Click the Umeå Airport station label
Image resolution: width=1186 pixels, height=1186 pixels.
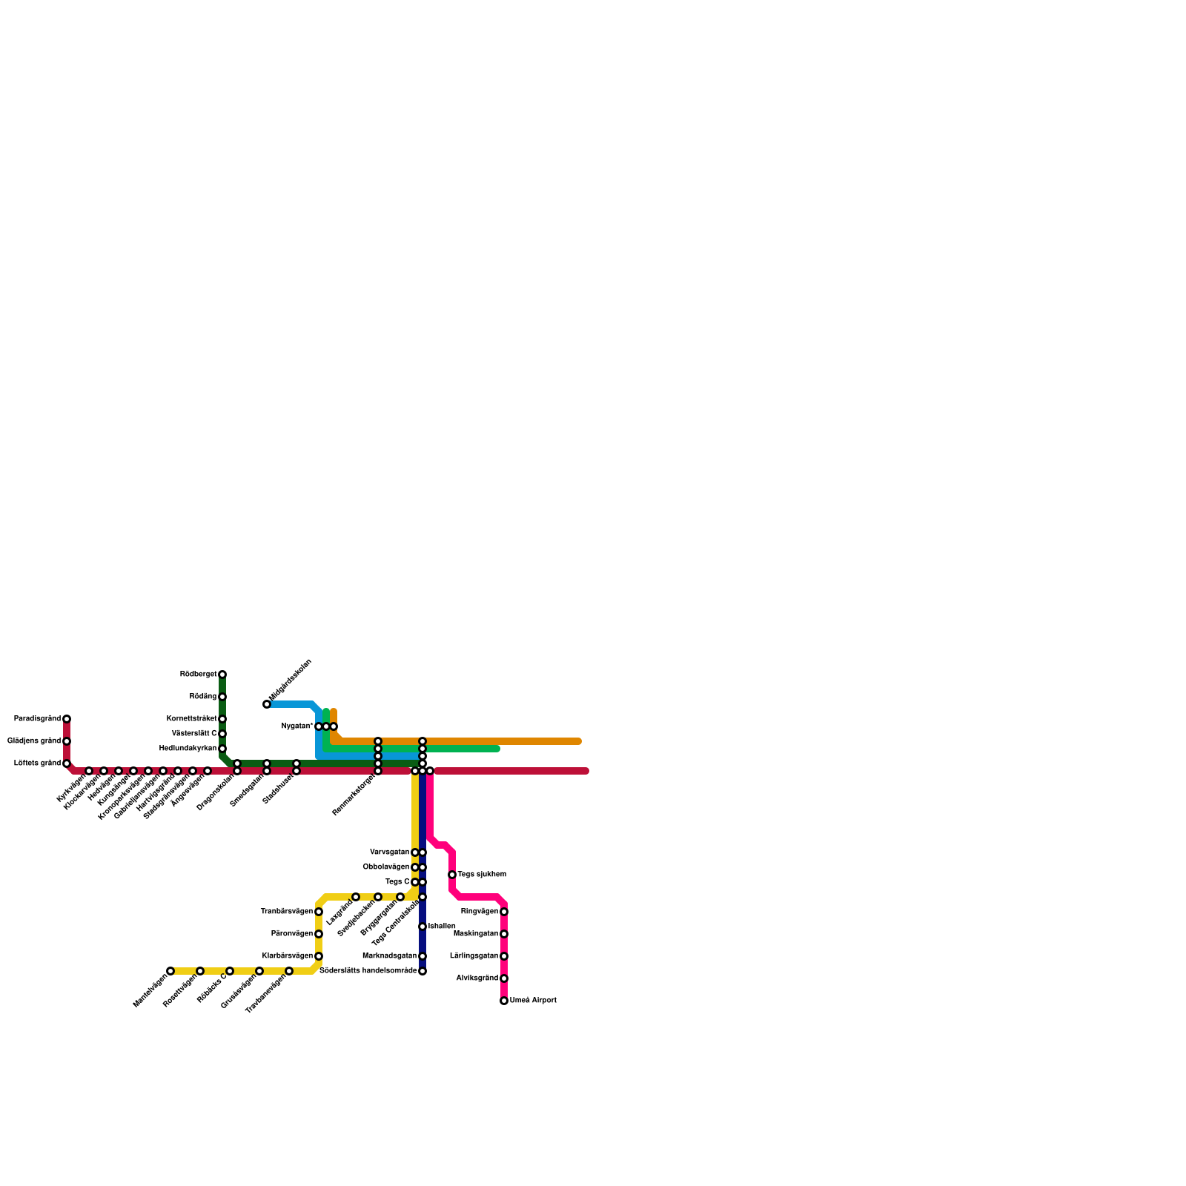tap(532, 1001)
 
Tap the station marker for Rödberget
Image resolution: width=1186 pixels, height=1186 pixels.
tap(222, 675)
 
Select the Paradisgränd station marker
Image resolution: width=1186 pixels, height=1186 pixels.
tap(67, 719)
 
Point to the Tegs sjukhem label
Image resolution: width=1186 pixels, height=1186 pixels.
tap(481, 875)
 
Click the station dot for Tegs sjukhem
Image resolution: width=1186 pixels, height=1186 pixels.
tap(452, 875)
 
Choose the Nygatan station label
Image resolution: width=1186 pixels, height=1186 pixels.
tap(297, 726)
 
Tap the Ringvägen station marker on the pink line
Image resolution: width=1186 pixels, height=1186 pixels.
tap(504, 912)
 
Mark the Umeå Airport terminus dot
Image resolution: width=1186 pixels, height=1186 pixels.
tap(504, 1001)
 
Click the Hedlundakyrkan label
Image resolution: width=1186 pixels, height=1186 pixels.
tap(188, 749)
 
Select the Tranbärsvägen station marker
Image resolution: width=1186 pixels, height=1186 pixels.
tap(319, 912)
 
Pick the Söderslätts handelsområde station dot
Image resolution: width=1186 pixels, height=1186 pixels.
tap(423, 971)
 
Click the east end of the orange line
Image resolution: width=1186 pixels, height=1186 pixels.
tap(578, 741)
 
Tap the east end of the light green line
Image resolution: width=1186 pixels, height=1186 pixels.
tap(497, 749)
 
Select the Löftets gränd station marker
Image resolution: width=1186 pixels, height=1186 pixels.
tap(67, 763)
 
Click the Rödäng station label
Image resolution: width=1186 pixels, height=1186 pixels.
tap(202, 697)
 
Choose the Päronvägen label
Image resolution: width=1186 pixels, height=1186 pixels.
tap(291, 934)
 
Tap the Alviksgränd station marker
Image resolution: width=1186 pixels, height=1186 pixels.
tap(504, 978)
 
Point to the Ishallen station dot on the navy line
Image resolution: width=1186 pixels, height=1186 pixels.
tap(423, 927)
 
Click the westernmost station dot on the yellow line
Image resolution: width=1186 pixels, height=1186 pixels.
tap(170, 971)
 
